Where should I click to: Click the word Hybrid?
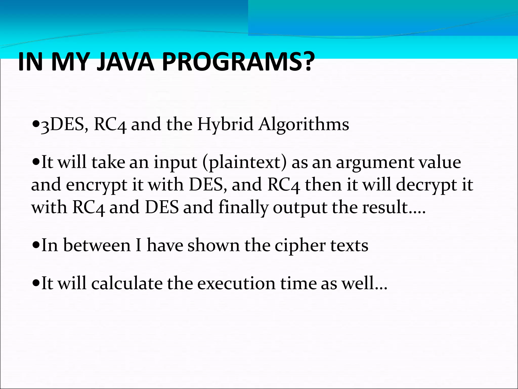point(225,125)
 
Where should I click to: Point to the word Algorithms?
point(304,125)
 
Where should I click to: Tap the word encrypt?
point(97,185)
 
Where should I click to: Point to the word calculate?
point(127,283)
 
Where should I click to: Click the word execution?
point(236,283)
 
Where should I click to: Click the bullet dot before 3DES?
point(36,124)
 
